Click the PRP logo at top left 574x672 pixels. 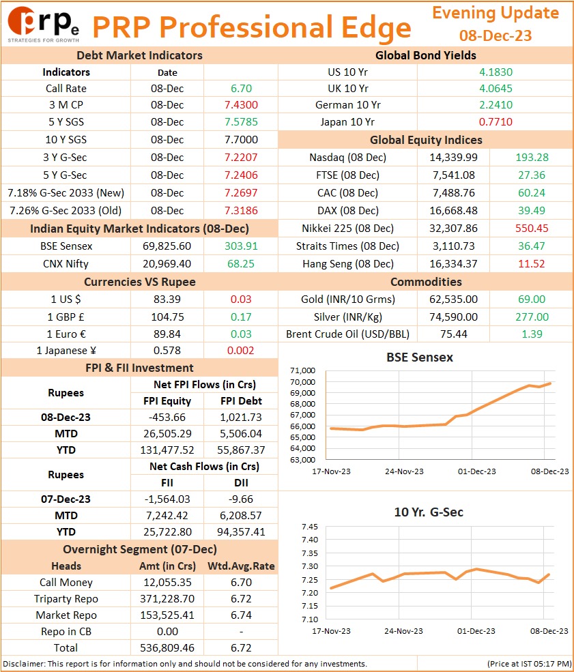click(43, 25)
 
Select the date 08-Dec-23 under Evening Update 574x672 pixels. click(495, 35)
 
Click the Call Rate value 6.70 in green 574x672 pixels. click(241, 88)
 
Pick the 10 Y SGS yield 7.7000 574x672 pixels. click(241, 140)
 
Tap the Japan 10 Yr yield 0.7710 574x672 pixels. click(496, 121)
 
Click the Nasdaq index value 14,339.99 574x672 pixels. click(454, 158)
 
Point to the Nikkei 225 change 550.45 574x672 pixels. click(532, 228)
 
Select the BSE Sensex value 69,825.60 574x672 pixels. click(167, 246)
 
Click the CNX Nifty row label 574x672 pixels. click(66, 263)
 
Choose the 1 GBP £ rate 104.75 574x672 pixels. click(167, 317)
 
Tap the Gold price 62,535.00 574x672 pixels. click(454, 299)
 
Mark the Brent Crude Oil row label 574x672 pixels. click(347, 334)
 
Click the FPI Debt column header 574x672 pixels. click(241, 400)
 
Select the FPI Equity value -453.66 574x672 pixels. click(167, 417)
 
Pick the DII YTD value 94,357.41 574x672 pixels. click(241, 532)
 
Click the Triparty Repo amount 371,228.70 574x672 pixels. click(167, 599)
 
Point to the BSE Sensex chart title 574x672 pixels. click(420, 357)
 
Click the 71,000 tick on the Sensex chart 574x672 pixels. click(302, 370)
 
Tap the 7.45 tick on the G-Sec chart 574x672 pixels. click(309, 527)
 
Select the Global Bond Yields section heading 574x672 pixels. click(426, 55)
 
